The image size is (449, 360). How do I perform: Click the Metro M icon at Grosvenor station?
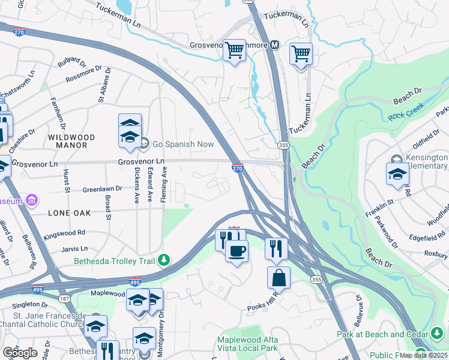[x=275, y=44]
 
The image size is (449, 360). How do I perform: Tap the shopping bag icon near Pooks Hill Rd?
[x=279, y=278]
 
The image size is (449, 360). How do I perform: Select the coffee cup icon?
[x=237, y=250]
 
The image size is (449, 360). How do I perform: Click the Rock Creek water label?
[x=406, y=111]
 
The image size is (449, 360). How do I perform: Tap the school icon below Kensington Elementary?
[x=397, y=174]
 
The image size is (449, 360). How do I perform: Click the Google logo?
[x=20, y=352]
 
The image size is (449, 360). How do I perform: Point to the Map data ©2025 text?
[x=424, y=355]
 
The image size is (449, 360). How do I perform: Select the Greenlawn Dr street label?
[x=102, y=188]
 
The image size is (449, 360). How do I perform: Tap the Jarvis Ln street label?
[x=76, y=248]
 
